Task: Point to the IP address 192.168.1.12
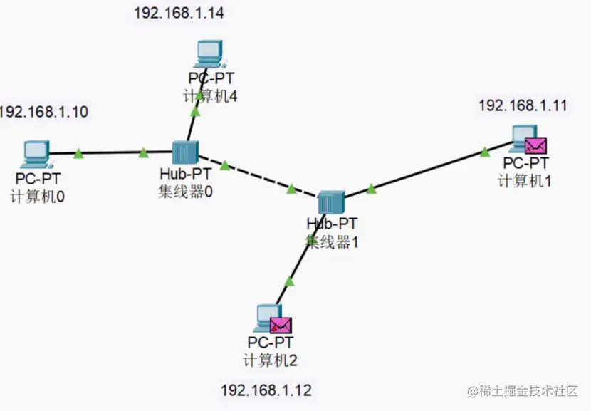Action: pos(266,390)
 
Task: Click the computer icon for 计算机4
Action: pos(209,53)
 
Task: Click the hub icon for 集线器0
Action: pos(184,152)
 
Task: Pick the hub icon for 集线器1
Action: pos(330,203)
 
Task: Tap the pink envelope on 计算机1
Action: pos(535,146)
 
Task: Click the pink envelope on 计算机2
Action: pos(281,326)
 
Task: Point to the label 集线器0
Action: pos(185,192)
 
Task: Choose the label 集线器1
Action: pos(331,242)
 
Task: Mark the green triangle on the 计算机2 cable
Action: pos(289,282)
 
